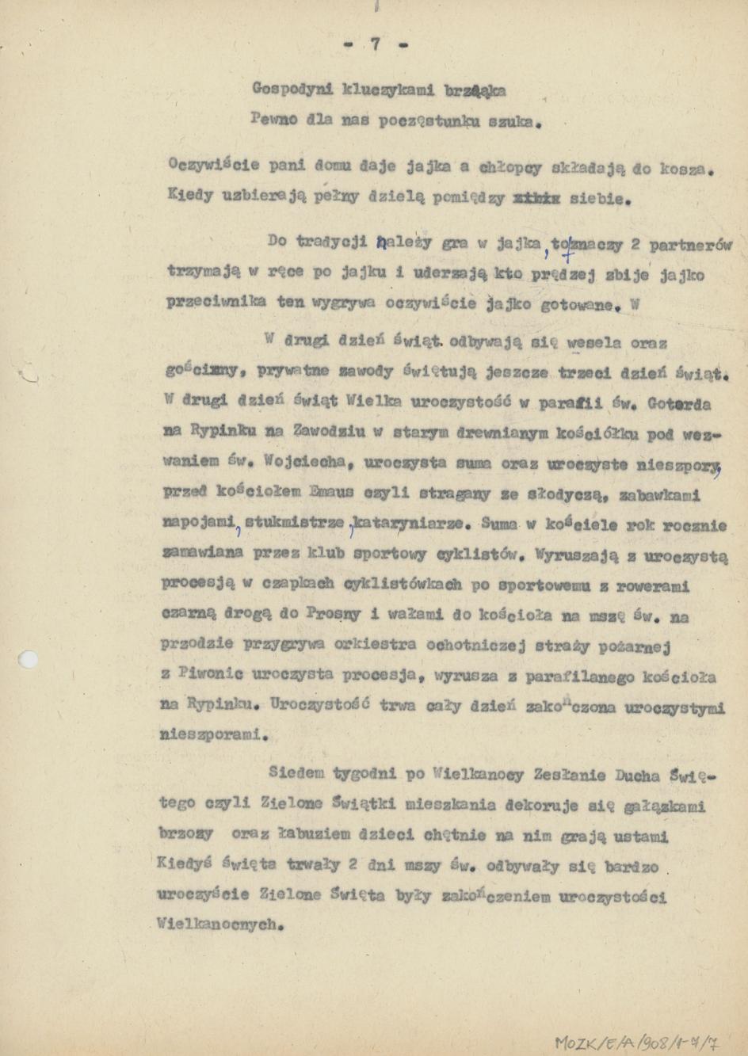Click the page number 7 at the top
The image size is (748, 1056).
(376, 45)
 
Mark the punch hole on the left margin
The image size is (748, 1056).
(28, 659)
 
